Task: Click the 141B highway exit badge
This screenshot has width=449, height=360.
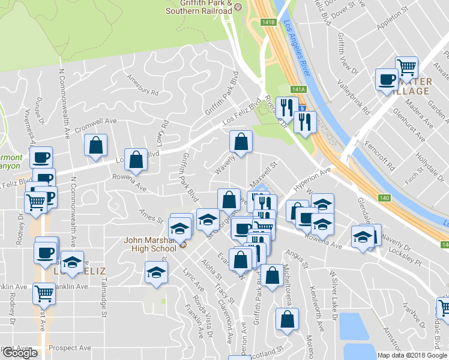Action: pyautogui.click(x=268, y=22)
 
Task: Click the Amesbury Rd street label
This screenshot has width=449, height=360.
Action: pyautogui.click(x=142, y=85)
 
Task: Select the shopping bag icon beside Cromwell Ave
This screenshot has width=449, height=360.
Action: pyautogui.click(x=95, y=145)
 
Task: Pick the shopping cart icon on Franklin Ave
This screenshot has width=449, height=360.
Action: pyautogui.click(x=45, y=293)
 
